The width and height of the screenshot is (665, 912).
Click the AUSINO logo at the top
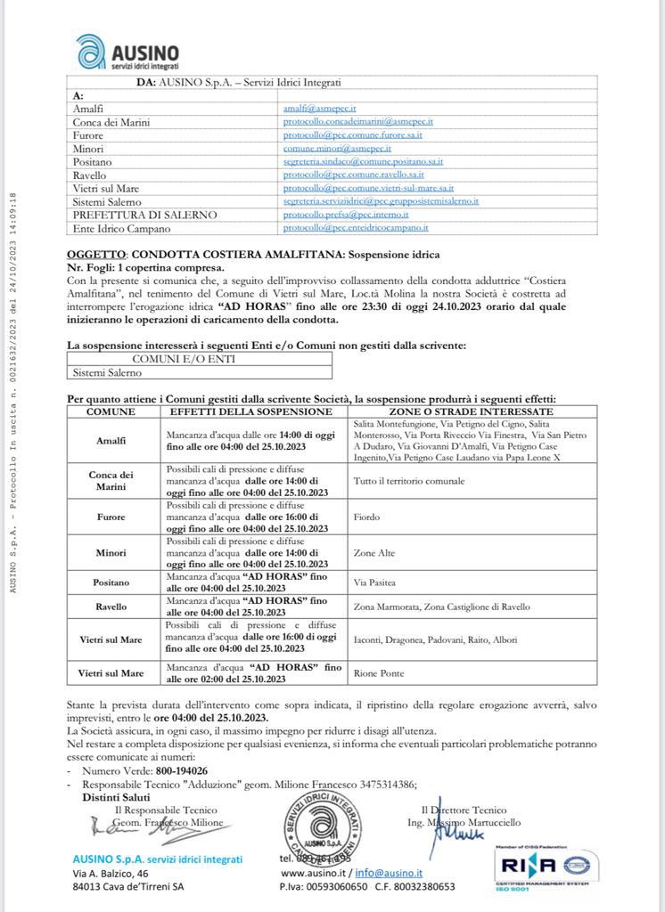point(127,53)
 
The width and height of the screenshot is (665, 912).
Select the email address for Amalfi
point(320,108)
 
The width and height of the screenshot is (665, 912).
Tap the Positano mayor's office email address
point(363,161)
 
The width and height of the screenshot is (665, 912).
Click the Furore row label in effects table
point(111,517)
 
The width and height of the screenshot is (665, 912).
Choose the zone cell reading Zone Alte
point(373,552)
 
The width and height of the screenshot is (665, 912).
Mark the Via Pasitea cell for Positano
point(374,582)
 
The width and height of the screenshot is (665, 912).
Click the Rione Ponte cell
point(377,673)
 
